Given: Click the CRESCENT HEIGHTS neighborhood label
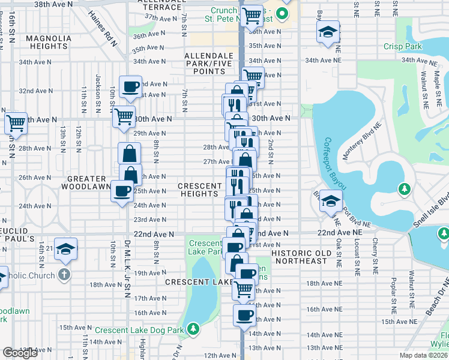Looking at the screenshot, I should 199,190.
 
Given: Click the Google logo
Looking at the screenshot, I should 20,353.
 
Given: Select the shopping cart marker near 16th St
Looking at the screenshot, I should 16,123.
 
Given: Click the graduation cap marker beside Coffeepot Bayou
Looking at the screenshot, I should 330,200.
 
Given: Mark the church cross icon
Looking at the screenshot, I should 65,275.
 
